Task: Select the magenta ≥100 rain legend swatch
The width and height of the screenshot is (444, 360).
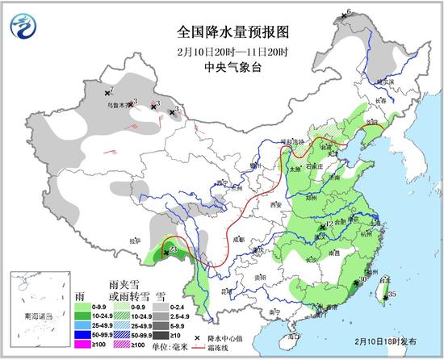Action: coord(82,344)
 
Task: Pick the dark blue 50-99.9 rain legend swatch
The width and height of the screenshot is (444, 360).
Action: coord(82,333)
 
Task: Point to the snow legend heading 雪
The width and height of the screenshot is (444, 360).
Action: coord(161,296)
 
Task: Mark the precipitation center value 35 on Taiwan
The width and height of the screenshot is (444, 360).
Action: coord(392,295)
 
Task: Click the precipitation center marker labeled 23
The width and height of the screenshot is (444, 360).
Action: coord(166,253)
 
